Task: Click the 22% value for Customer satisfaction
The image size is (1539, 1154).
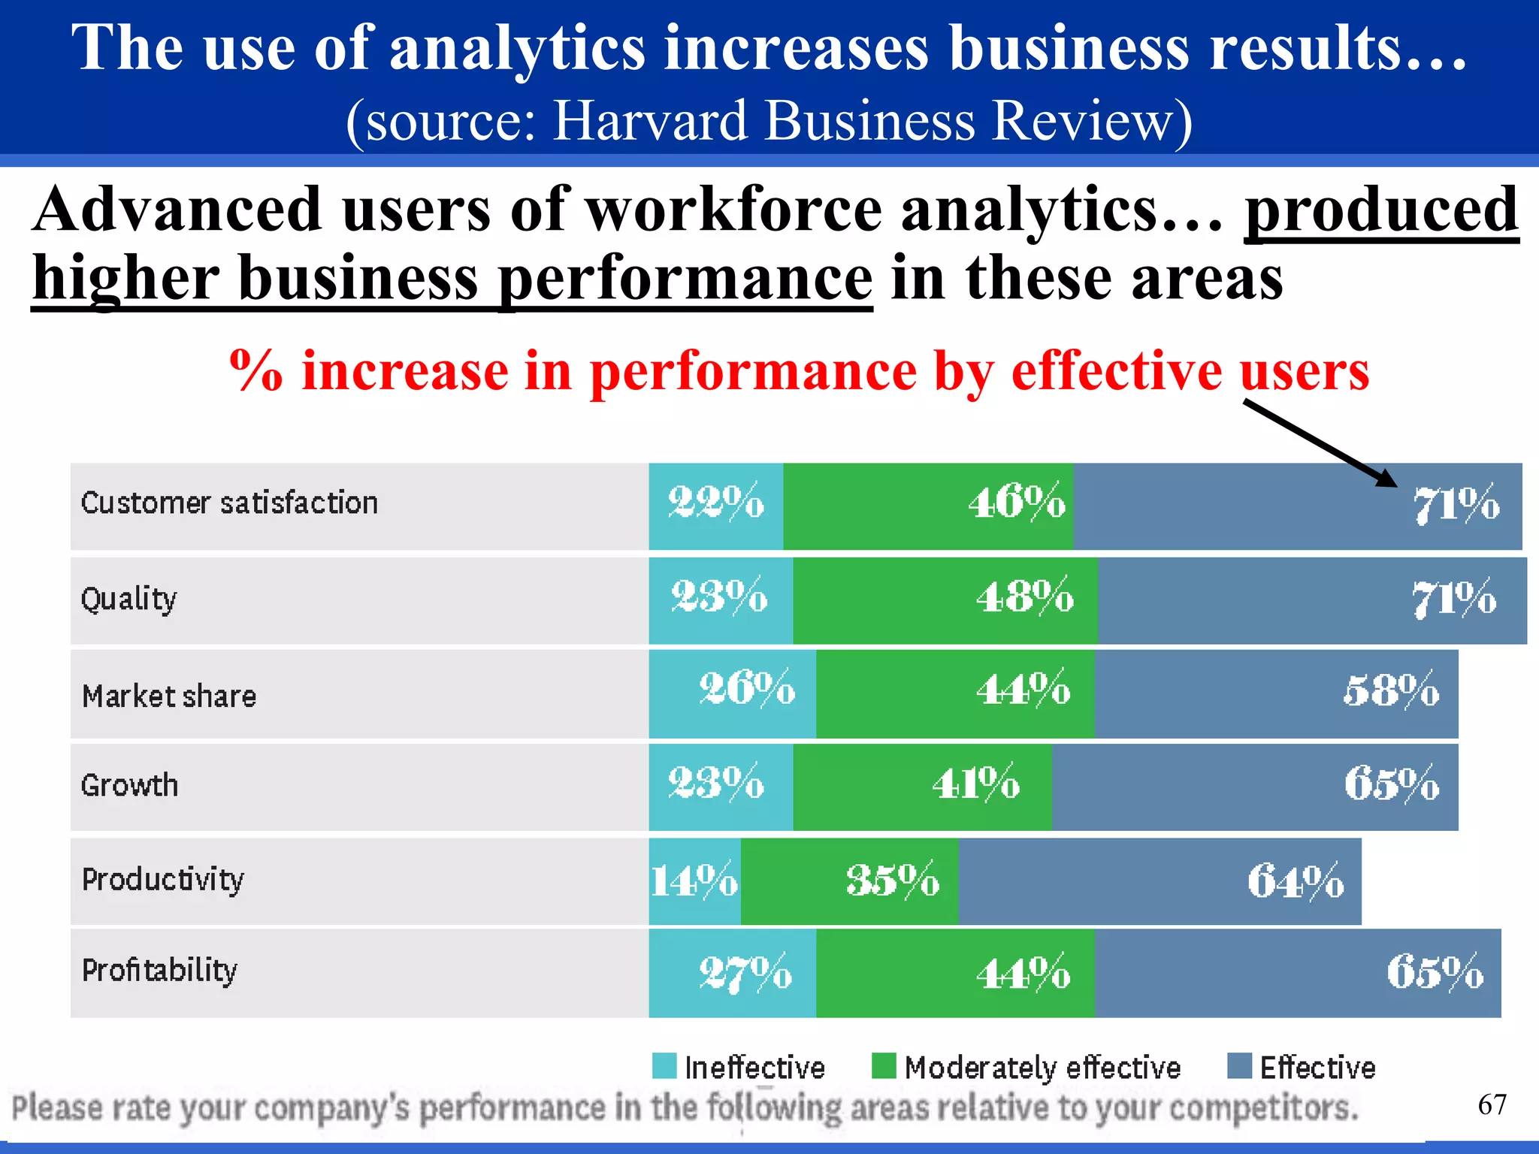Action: (x=715, y=502)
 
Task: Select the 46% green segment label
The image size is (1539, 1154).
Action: (x=1016, y=502)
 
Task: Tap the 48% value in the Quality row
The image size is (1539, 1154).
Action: (x=1024, y=597)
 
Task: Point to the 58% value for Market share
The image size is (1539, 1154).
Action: (x=1391, y=690)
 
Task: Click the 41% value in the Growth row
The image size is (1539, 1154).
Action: (x=975, y=784)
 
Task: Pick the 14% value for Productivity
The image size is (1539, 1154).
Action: (x=694, y=881)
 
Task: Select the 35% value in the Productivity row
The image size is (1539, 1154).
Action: (x=892, y=880)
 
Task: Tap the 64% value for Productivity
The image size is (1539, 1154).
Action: (x=1296, y=881)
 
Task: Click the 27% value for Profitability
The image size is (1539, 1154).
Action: (x=745, y=973)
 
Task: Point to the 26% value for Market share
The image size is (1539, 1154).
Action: (x=746, y=688)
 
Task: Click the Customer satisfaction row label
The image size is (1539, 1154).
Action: (x=229, y=503)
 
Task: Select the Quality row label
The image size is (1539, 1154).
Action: (x=129, y=599)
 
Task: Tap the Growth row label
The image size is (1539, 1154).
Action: (x=129, y=785)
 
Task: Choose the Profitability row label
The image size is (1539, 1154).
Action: (x=159, y=970)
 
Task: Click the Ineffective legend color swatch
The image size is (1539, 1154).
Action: (x=664, y=1065)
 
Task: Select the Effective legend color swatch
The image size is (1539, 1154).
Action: (x=1239, y=1065)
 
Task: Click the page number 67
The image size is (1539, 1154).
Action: (x=1492, y=1104)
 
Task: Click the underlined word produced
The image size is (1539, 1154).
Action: (x=1381, y=210)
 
